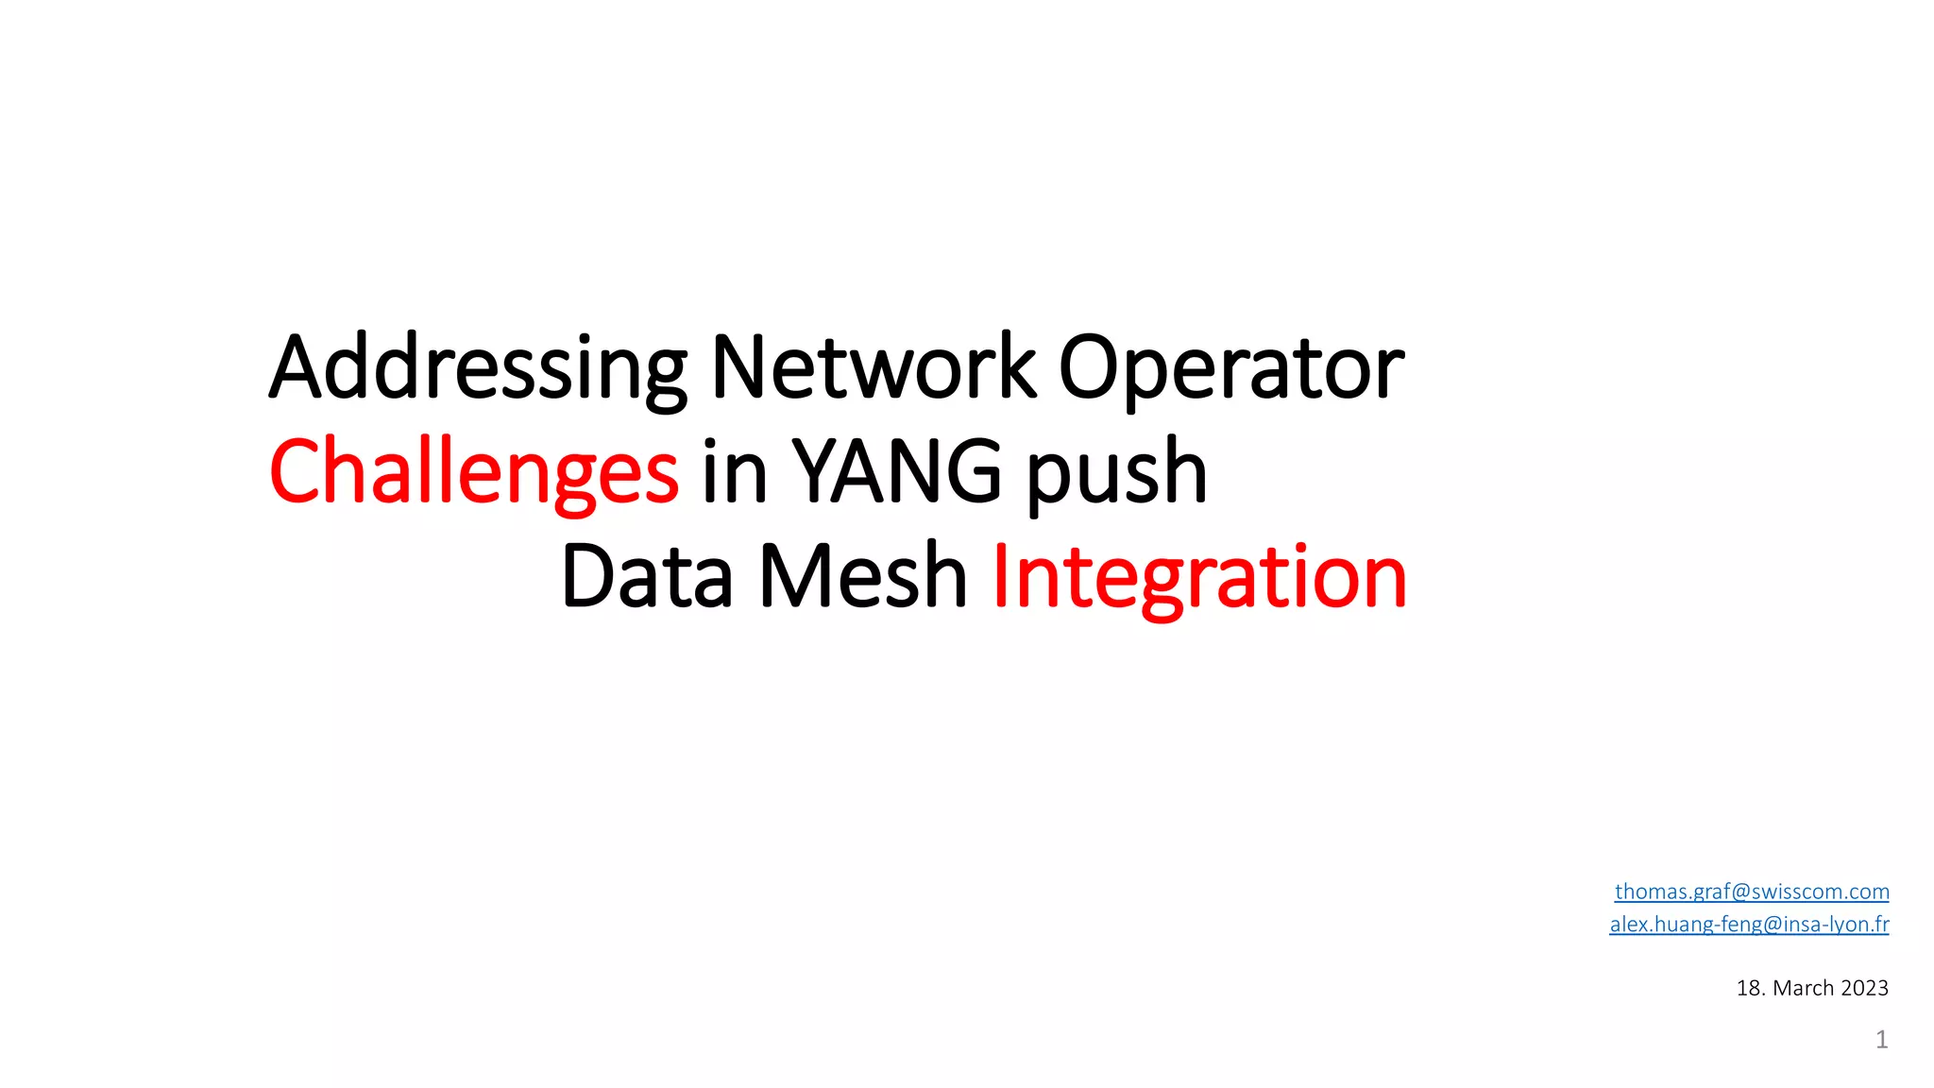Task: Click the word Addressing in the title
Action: coord(478,368)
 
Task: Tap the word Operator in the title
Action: coord(1231,368)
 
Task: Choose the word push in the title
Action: coord(1117,472)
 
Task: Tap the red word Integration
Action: coord(1199,577)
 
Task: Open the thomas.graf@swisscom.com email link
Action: coord(1752,892)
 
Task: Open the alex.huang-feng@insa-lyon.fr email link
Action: coord(1749,924)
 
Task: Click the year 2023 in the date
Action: coord(1864,988)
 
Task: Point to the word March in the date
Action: coord(1804,988)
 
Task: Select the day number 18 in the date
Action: coord(1750,988)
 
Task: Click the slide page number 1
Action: coord(1881,1040)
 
